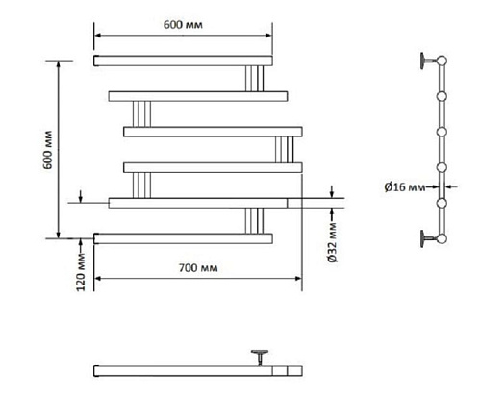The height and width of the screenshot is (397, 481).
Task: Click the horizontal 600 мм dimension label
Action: (x=183, y=25)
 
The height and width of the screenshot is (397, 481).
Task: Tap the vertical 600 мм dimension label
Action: (x=48, y=150)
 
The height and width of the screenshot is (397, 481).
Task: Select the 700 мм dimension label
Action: (x=198, y=267)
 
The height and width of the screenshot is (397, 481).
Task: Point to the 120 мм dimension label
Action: (x=81, y=272)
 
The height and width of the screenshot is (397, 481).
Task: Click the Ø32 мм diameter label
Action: (x=333, y=242)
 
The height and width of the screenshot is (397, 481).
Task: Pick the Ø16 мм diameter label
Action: (x=405, y=186)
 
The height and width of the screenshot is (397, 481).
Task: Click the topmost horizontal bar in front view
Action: (x=183, y=61)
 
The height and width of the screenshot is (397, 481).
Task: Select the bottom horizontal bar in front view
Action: (x=183, y=238)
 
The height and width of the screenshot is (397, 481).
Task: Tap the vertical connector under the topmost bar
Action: (x=255, y=79)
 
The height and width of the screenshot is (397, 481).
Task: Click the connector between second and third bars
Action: (x=141, y=114)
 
